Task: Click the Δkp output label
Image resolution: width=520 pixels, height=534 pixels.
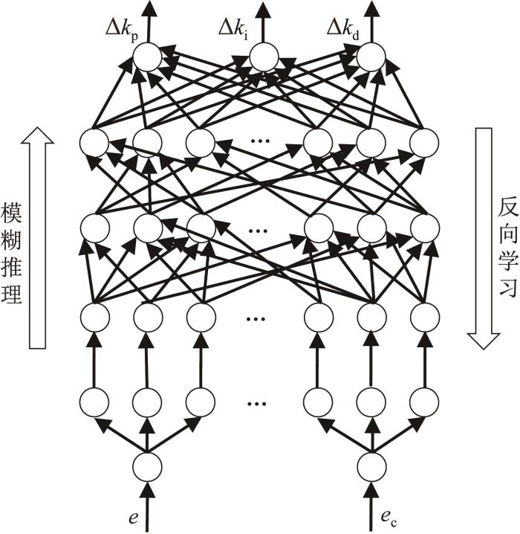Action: (121, 30)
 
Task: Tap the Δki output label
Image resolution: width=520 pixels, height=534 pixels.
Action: (233, 29)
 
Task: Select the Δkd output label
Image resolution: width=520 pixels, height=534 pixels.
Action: (342, 29)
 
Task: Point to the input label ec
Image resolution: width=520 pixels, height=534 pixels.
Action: (389, 519)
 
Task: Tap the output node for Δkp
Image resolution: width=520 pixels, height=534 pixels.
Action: (147, 57)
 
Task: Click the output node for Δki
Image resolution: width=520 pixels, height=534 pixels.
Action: (264, 57)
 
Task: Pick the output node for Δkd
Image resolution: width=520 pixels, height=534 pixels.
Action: (371, 57)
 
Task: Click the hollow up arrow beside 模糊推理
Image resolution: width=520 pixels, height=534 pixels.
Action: (37, 238)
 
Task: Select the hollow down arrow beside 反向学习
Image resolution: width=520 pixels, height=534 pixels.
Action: (484, 239)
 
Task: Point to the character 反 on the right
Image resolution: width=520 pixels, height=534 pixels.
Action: (509, 207)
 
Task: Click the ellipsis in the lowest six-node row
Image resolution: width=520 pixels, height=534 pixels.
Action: (257, 404)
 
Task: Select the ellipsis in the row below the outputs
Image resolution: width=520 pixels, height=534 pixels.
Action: (260, 141)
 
